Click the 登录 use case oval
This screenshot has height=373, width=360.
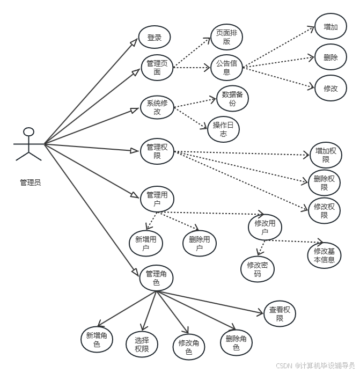pos(155,38)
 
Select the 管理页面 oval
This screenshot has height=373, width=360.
pos(157,67)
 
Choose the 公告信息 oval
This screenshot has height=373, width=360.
pos(226,67)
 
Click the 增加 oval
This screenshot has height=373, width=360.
pos(330,27)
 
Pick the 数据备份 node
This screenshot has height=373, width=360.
pos(232,99)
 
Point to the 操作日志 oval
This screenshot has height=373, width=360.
pos(223,129)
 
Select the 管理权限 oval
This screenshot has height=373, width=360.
pos(157,151)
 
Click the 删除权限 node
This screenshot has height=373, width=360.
pos(325,183)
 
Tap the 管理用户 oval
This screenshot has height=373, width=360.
pos(157,199)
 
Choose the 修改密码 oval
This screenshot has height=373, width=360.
pos(258,268)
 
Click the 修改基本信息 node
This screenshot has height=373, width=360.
pos(324,255)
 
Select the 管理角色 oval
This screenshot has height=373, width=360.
pos(157,278)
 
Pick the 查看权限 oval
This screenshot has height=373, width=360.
pos(280,313)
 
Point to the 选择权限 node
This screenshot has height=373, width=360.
pos(142,344)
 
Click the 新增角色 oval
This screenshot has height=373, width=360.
pos(97,340)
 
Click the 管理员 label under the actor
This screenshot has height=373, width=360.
pos(30,182)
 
